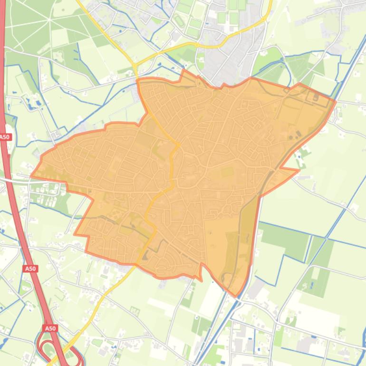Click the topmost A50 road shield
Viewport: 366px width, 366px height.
5,137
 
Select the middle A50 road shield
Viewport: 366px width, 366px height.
30,269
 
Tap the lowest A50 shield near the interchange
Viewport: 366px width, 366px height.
50,328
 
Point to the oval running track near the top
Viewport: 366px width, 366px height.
179,21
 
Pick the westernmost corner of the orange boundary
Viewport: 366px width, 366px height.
31,176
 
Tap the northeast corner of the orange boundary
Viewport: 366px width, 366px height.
335,100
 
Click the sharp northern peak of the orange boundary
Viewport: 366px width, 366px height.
184,71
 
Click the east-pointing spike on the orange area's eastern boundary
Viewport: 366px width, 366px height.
299,170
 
